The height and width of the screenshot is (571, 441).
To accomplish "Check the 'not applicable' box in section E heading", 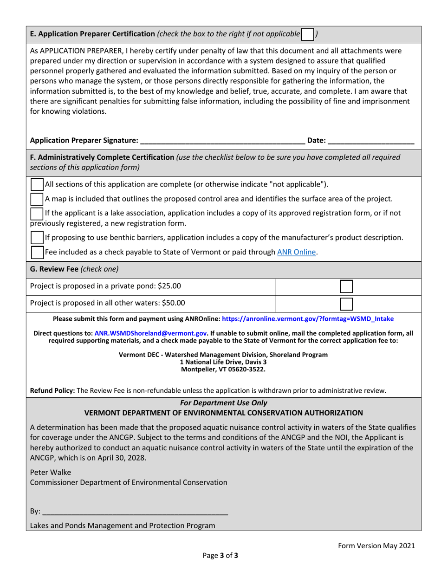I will pyautogui.click(x=307, y=34).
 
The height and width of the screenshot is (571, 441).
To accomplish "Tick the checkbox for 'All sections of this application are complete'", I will pyautogui.click(x=37, y=184).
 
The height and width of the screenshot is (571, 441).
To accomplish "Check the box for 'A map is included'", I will pyautogui.click(x=37, y=199).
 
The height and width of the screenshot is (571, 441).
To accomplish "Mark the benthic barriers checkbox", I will pyautogui.click(x=37, y=237).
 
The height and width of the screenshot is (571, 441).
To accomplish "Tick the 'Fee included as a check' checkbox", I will pyautogui.click(x=37, y=252).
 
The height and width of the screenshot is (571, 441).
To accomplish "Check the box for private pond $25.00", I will pyautogui.click(x=346, y=286).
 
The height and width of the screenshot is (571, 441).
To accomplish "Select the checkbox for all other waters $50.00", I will pyautogui.click(x=346, y=304).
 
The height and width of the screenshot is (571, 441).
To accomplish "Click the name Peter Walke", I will pyautogui.click(x=51, y=473).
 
